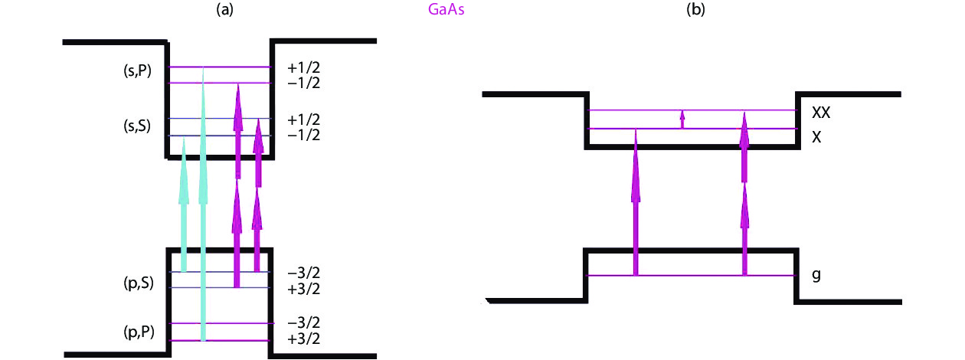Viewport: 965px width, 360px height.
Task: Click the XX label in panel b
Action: coord(822,112)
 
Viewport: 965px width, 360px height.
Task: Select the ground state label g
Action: coord(816,273)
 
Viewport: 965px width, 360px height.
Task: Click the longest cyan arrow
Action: coord(203,207)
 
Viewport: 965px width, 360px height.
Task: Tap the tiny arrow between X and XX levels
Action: coord(682,119)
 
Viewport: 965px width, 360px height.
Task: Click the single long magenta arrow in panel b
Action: coord(635,203)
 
